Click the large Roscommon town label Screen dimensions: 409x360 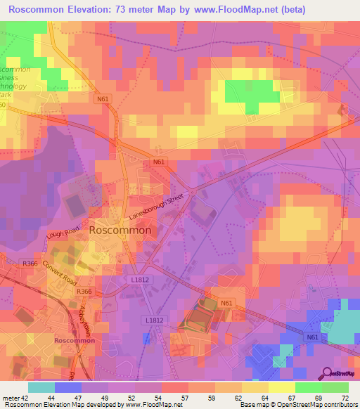click(x=120, y=230)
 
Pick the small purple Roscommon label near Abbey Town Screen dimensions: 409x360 click(x=75, y=340)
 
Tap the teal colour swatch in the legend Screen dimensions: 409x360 click(x=41, y=387)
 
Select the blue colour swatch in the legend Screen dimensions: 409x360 click(x=67, y=387)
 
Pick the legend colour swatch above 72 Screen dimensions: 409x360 click(x=335, y=387)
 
